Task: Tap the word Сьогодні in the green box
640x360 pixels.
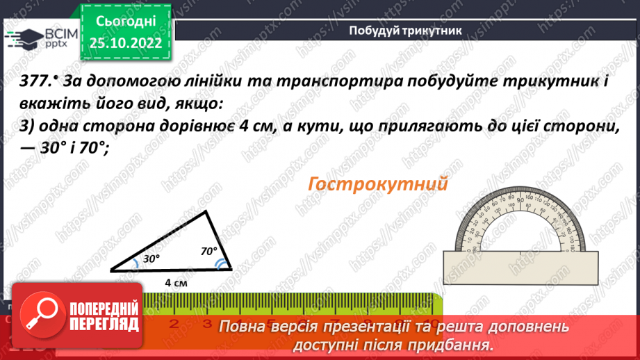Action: (x=126, y=22)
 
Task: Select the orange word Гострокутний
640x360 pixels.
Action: (x=376, y=185)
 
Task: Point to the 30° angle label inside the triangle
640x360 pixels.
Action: (x=151, y=258)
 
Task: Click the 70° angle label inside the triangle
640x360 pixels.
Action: (x=208, y=251)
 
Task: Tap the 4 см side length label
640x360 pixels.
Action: (x=175, y=282)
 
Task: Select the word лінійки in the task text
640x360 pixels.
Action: (x=211, y=81)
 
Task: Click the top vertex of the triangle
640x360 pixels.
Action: (x=206, y=212)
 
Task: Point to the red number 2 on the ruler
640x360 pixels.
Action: (x=173, y=323)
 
